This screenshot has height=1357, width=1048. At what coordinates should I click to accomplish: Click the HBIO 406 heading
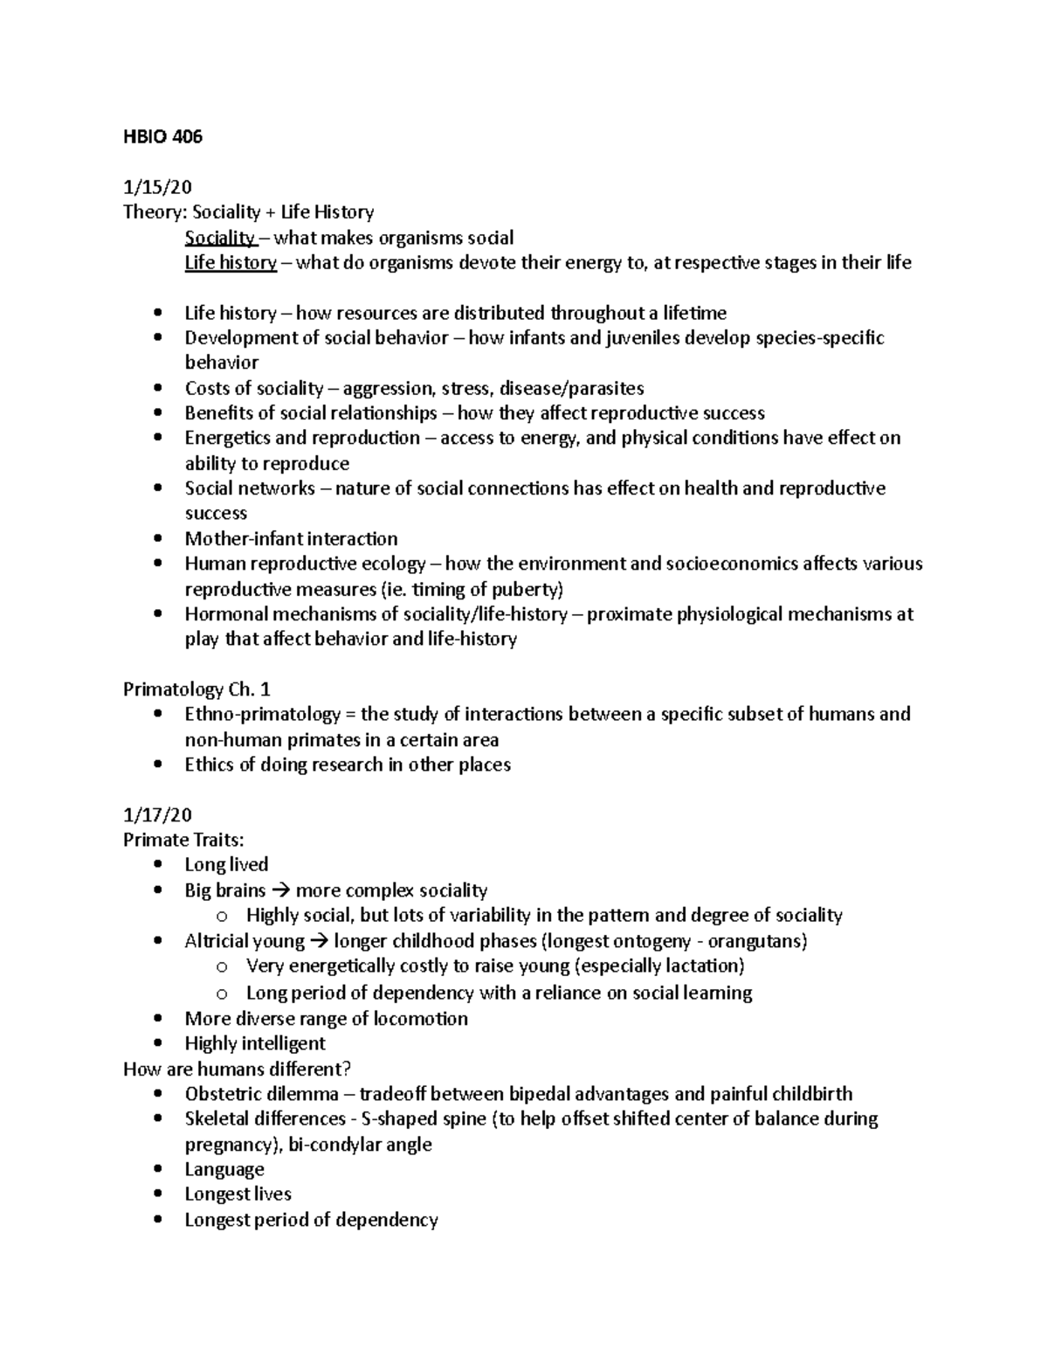[162, 136]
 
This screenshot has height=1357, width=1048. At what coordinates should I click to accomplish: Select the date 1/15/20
[157, 187]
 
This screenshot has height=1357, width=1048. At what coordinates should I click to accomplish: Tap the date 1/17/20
[157, 814]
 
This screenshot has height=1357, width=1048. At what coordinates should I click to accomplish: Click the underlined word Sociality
[219, 238]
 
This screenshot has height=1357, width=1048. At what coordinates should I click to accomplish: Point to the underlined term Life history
[231, 262]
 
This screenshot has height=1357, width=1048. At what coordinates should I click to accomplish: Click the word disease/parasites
[571, 388]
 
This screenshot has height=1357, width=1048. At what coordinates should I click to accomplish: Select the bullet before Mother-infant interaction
[157, 539]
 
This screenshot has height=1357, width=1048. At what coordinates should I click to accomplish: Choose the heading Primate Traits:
[183, 840]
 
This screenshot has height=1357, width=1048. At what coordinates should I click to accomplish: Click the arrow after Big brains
[279, 891]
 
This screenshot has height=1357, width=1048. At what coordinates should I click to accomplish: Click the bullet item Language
[224, 1169]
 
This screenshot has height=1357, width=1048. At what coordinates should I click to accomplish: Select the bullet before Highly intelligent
[157, 1043]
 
